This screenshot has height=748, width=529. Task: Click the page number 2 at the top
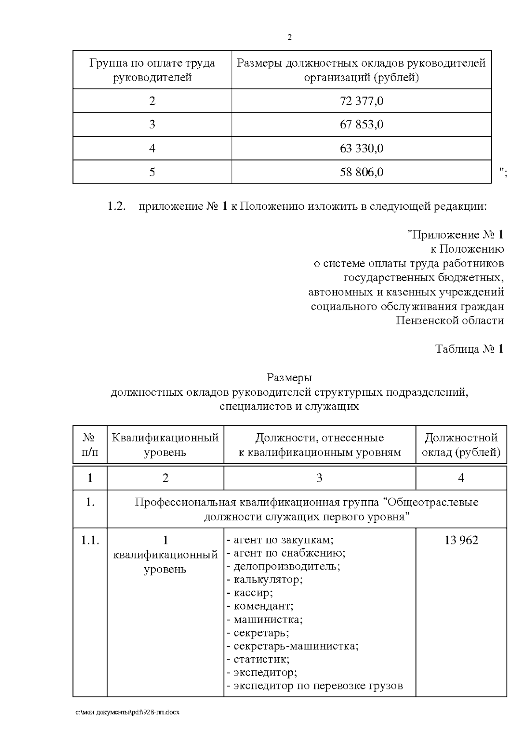pos(290,37)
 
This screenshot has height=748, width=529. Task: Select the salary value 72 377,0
pos(361,101)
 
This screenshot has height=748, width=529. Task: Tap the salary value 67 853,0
pos(361,125)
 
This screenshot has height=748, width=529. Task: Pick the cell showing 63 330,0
pos(361,149)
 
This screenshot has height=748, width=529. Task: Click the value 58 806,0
pos(361,172)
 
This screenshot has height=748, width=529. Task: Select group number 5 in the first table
pos(152,172)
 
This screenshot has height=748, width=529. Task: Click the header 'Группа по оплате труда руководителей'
pos(152,70)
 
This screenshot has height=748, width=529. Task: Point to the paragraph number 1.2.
pos(117,206)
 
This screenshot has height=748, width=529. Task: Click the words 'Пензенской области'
pos(450,320)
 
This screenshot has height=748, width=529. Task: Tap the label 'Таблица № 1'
pos(469,349)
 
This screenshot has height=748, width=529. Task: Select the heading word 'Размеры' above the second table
pos(290,378)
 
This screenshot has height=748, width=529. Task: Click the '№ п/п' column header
pos(89,445)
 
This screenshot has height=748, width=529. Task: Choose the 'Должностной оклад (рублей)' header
pos(461,445)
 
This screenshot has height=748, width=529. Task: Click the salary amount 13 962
pos(461,540)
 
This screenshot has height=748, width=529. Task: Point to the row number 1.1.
pos(90,540)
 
